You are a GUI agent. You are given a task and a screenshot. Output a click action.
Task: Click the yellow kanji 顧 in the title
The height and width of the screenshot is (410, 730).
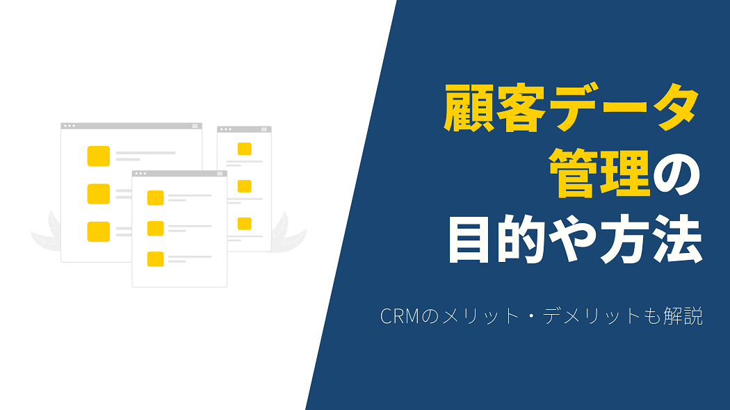(469, 108)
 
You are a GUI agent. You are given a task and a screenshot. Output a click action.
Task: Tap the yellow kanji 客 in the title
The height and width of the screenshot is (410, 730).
(521, 108)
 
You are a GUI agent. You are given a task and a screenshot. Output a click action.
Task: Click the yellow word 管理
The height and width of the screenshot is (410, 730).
(599, 174)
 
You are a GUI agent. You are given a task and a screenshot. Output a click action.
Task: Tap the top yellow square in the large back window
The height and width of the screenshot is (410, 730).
(99, 156)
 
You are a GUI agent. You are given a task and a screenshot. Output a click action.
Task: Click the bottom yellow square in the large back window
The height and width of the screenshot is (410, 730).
(99, 231)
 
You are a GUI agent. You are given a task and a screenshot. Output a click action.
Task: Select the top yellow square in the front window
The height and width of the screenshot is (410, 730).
(156, 198)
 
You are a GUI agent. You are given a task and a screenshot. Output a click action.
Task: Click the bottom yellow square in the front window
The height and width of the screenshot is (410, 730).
(156, 259)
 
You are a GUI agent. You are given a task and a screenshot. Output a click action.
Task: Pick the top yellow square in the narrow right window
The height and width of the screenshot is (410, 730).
(245, 149)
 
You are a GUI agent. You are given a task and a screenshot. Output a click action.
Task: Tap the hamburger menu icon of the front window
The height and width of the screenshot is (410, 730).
(220, 174)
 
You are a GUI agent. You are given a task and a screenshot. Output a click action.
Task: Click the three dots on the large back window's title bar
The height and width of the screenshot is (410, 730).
(70, 126)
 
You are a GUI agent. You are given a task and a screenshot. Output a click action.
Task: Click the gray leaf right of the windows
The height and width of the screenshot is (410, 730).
(289, 232)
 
